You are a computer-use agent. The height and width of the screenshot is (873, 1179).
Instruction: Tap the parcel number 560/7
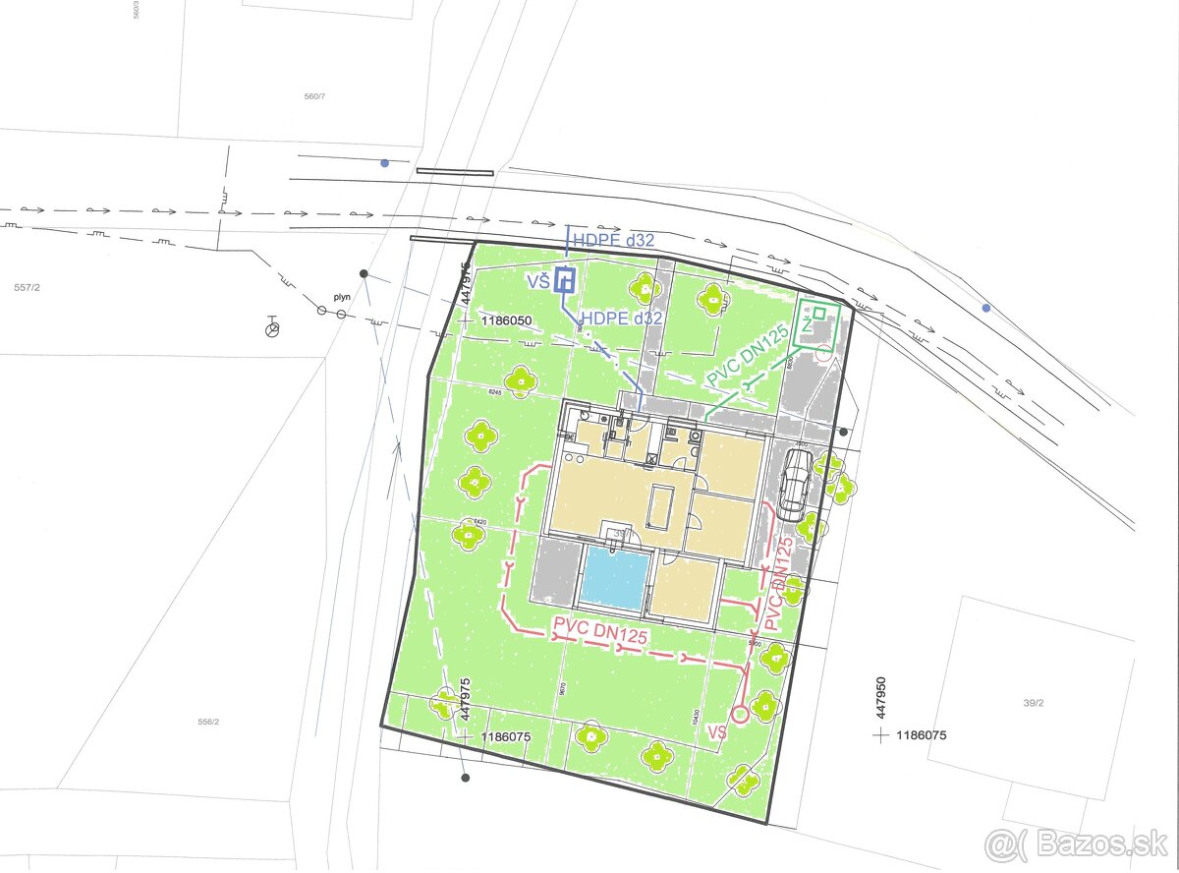313,96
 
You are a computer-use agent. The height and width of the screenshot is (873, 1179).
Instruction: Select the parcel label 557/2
27,288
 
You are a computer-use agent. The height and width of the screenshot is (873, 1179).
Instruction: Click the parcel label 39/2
1033,703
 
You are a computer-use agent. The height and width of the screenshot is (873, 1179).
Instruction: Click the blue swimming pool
616,577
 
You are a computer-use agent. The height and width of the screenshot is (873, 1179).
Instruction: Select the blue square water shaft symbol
564,281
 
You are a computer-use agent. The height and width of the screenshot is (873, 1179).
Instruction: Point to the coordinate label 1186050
507,321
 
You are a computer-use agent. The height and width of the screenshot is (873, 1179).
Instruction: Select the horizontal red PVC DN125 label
599,630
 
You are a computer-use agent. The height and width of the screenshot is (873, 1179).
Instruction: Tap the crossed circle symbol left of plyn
274,328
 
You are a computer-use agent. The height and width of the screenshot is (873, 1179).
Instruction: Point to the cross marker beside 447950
881,734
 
